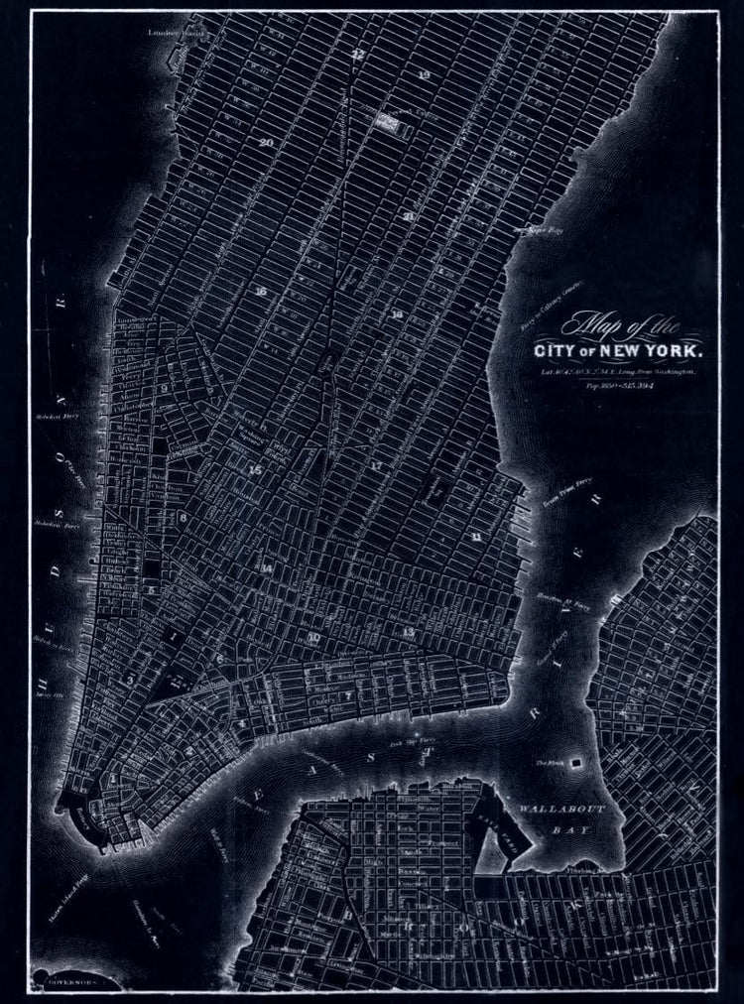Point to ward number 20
click(266, 142)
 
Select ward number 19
click(424, 75)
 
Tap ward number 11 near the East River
click(477, 537)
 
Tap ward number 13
click(407, 631)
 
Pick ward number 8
click(183, 516)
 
